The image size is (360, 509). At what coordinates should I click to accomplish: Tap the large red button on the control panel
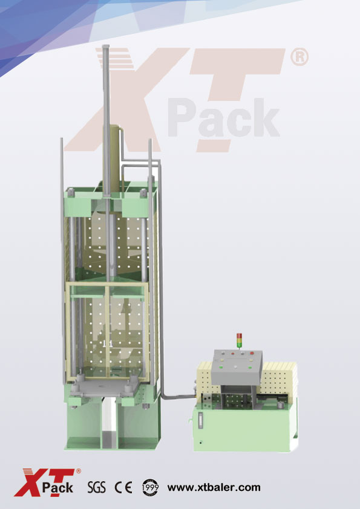[252, 353]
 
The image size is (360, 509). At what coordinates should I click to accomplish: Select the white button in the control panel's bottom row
[235, 367]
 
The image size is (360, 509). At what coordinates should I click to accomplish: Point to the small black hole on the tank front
[201, 442]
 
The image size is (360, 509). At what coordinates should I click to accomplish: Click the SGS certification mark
[96, 487]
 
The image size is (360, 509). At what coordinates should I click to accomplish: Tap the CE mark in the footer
[123, 487]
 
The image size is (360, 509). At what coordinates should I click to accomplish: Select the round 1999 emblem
[151, 487]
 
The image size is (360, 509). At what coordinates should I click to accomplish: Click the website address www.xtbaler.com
[214, 487]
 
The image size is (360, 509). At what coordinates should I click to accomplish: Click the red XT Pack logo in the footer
[47, 482]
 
